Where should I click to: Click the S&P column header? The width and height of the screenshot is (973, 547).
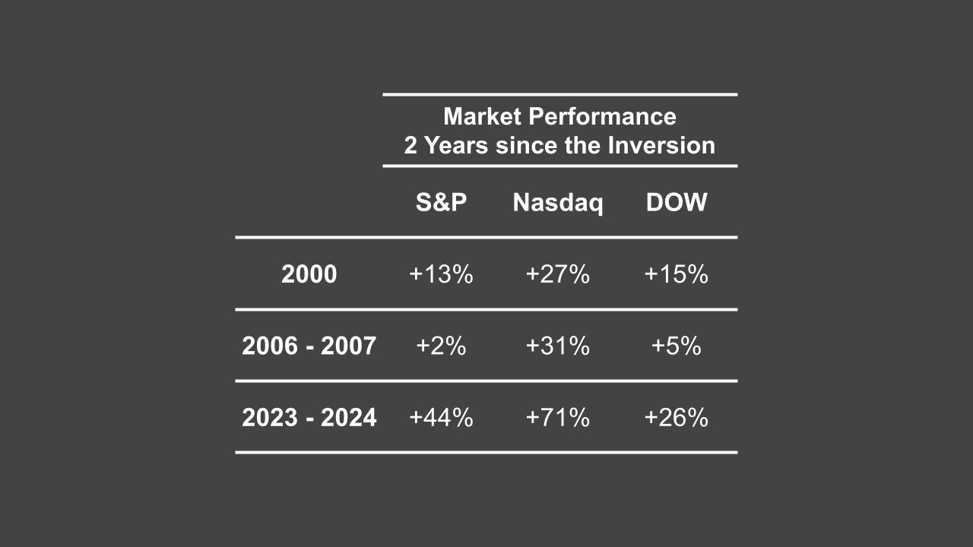pos(441,202)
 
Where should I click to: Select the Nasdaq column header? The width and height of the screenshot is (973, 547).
pos(558,202)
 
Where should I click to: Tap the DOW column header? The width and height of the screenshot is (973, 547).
pos(676,202)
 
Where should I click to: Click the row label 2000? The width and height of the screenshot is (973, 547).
pos(309,274)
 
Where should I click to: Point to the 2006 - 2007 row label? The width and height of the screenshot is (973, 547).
pos(309,346)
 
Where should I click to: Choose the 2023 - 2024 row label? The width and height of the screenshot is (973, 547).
pos(309,417)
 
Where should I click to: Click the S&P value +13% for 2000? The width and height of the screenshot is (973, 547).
pos(441,274)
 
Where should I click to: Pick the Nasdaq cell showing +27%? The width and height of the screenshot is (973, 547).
pos(558,274)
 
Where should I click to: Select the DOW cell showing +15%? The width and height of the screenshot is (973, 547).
pos(676,274)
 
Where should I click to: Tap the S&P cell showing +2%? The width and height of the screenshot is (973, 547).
pos(441,346)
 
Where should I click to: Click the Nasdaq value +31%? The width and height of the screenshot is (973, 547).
pos(558,346)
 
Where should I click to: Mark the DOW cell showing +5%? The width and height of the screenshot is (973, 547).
pos(676,346)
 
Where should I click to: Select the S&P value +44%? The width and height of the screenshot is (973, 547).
pos(441,417)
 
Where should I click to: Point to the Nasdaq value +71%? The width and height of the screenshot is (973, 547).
pos(558,417)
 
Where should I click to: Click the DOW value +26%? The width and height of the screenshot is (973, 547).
pos(676,417)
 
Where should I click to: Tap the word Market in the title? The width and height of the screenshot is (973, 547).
pos(482,116)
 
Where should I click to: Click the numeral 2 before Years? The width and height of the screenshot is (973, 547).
pos(410,145)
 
